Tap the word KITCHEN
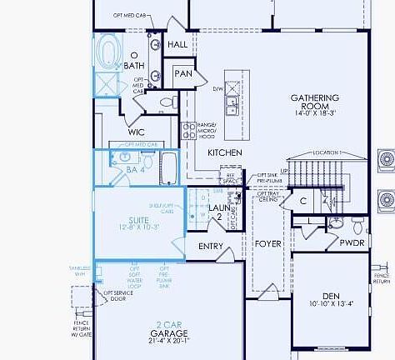(x=225, y=152)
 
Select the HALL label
(x=177, y=44)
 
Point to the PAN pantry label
(x=183, y=74)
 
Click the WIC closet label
(x=137, y=132)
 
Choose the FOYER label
(x=268, y=244)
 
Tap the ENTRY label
(x=211, y=247)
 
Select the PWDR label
(x=351, y=243)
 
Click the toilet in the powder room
(x=357, y=224)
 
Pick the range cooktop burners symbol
(x=188, y=130)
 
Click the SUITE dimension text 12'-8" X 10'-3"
(x=127, y=227)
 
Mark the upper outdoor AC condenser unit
(x=386, y=159)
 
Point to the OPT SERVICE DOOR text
(x=115, y=297)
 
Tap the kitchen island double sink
(x=231, y=104)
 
